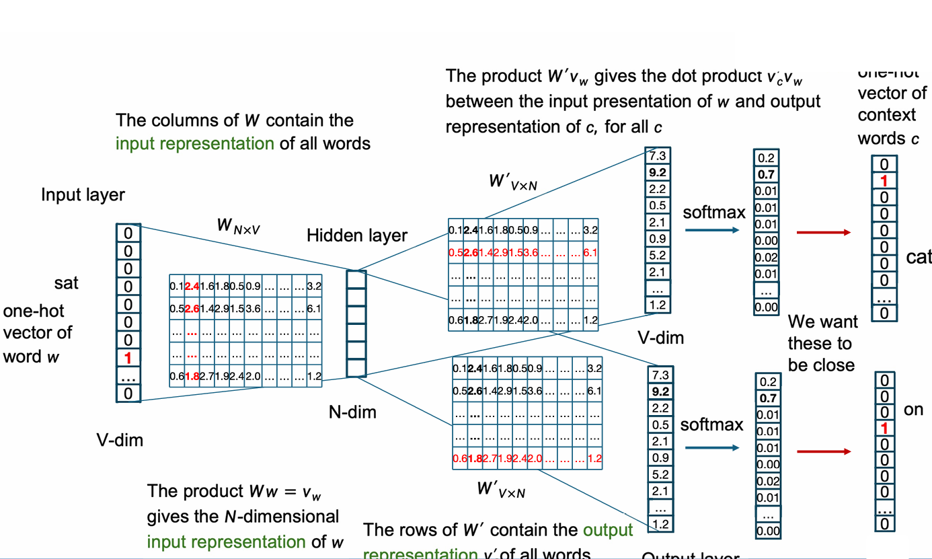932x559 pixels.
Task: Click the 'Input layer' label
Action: (x=83, y=195)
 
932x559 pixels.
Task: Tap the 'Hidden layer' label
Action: (x=357, y=235)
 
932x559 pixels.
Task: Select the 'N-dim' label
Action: (x=352, y=412)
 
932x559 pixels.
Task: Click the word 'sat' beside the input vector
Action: (x=67, y=283)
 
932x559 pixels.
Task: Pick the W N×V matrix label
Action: (x=238, y=226)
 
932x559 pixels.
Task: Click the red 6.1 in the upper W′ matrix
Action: (x=590, y=253)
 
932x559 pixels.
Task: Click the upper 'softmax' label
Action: (x=715, y=213)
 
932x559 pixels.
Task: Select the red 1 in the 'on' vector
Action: (x=885, y=428)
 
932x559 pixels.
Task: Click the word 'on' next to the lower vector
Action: (x=913, y=410)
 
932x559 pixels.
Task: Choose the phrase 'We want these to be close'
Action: (x=820, y=343)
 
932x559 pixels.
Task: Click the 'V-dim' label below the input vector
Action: (x=120, y=441)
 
